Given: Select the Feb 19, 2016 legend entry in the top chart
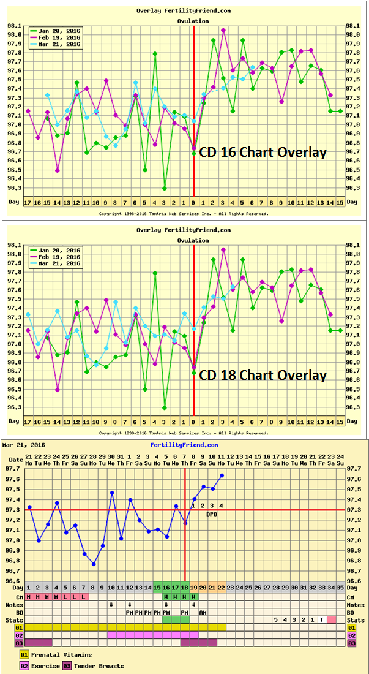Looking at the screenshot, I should (x=59, y=37).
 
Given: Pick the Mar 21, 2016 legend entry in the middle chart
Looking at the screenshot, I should (x=59, y=263).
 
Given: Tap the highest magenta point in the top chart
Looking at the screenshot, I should (x=223, y=30).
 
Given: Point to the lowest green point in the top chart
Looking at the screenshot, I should (x=165, y=188).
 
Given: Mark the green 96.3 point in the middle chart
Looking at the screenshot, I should (x=165, y=407).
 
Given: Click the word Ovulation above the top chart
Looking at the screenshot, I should (x=193, y=21).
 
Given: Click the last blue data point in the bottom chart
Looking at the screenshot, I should (x=222, y=475).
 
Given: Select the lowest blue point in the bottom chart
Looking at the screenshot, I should (x=94, y=564).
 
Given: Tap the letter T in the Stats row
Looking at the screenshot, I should (x=321, y=619).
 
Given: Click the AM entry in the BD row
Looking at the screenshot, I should (x=203, y=612).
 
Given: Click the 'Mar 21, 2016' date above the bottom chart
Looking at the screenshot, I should (x=20, y=445).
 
